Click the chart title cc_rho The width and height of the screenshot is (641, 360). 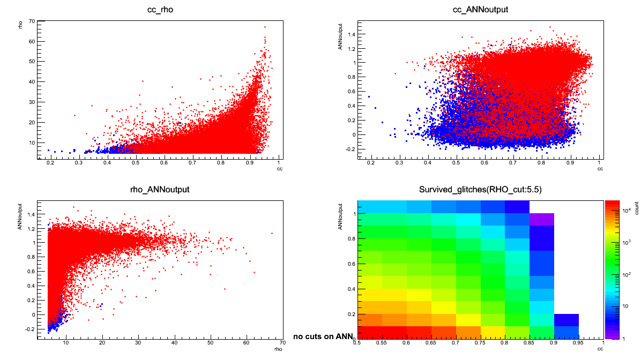160,10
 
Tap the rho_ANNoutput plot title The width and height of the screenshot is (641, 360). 160,190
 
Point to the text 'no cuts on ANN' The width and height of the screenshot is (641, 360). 323,337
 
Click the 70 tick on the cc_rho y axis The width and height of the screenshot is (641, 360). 32,21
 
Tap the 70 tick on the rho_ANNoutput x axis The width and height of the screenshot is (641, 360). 282,343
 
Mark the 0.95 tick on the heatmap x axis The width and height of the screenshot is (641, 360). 579,343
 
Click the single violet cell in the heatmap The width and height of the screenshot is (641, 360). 541,220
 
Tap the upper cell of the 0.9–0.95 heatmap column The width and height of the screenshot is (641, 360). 567,320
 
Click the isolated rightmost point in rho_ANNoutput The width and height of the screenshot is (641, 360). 272,233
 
